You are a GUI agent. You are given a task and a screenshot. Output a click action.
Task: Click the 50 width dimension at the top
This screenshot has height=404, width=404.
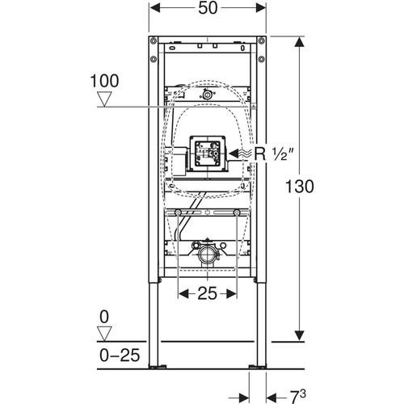208,8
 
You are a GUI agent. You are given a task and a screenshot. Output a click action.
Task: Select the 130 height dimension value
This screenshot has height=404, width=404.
300,187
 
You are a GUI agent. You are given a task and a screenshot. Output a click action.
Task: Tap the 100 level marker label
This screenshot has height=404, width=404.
104,81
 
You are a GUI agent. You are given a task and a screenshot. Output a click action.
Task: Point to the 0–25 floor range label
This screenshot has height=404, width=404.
120,355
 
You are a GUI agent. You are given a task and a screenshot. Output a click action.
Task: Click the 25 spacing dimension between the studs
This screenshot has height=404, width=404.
207,293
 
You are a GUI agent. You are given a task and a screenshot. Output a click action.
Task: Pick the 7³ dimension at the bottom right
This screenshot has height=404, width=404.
298,396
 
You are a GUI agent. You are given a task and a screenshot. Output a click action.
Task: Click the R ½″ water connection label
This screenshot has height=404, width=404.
273,154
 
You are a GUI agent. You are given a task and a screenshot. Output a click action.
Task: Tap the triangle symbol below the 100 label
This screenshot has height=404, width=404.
104,99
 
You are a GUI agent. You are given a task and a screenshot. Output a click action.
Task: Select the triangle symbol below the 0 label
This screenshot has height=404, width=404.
104,334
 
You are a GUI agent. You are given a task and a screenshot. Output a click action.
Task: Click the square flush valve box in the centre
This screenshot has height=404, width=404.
208,154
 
